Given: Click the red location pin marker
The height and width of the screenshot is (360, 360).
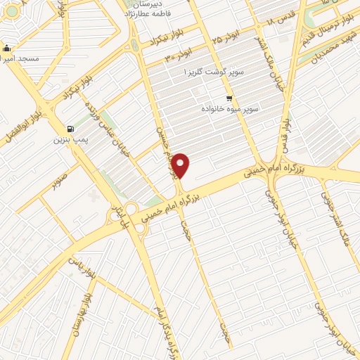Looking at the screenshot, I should click(x=181, y=167).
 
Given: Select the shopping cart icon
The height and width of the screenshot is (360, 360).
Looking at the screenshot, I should click(x=229, y=99).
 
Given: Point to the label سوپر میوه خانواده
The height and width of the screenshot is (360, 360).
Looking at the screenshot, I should click(x=231, y=110).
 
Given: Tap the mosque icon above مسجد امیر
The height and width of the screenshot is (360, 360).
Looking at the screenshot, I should click(x=6, y=49).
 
